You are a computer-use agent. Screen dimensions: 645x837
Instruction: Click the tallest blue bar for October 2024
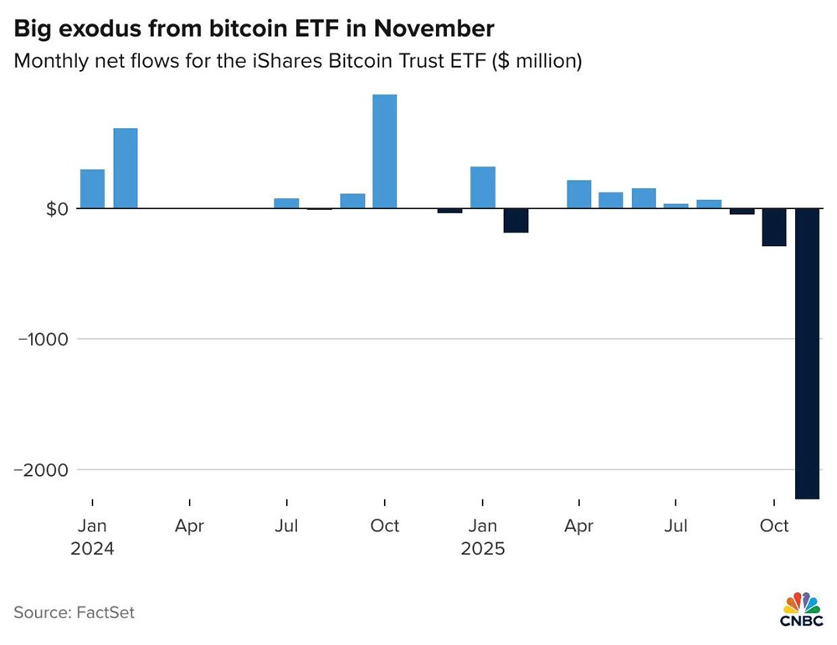pyautogui.click(x=384, y=151)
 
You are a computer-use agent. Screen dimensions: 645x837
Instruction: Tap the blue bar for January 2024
pyautogui.click(x=92, y=189)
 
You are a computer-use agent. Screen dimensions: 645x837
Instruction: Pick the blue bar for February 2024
pyautogui.click(x=126, y=168)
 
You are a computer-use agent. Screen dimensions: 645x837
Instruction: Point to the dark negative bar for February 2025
pyautogui.click(x=515, y=220)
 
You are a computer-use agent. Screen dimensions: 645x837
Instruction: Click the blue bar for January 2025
pyautogui.click(x=483, y=187)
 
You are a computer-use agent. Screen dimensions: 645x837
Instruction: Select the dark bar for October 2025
pyautogui.click(x=774, y=227)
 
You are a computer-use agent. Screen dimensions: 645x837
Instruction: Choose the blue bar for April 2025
pyautogui.click(x=579, y=194)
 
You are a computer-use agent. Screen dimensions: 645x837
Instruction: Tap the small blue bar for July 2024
pyautogui.click(x=286, y=203)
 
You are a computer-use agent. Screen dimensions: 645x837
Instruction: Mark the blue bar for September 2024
pyautogui.click(x=352, y=201)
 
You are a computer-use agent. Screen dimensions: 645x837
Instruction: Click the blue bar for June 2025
pyautogui.click(x=644, y=198)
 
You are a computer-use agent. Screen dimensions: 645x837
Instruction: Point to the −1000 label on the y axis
pyautogui.click(x=40, y=339)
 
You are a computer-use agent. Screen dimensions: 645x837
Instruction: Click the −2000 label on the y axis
pyautogui.click(x=40, y=470)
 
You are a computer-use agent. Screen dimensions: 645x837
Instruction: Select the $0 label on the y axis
pyautogui.click(x=55, y=208)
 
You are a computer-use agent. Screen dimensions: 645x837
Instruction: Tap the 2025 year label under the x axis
pyautogui.click(x=483, y=550)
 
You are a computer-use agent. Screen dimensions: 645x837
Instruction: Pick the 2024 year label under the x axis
pyautogui.click(x=92, y=550)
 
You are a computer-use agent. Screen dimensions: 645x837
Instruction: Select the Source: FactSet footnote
pyautogui.click(x=74, y=612)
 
